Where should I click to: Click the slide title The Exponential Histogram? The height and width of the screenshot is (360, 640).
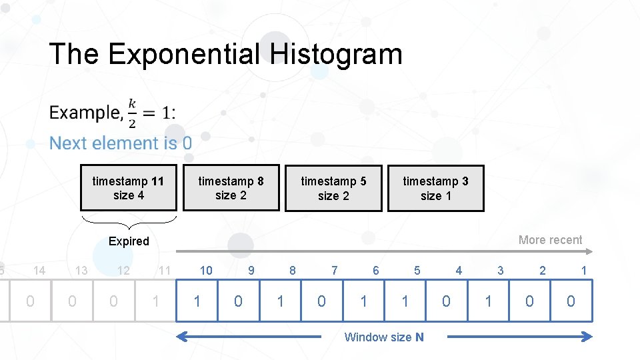click(225, 54)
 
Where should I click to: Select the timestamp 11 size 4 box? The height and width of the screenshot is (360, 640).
click(129, 187)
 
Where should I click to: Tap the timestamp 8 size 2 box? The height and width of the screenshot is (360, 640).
click(231, 187)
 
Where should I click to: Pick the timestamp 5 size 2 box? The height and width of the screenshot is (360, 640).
click(333, 188)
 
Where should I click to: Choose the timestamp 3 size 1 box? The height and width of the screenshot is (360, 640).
click(435, 188)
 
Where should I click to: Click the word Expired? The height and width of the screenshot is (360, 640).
click(129, 241)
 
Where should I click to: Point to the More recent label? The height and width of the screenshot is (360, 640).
click(550, 240)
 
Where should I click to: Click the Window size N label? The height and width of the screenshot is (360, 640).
click(383, 337)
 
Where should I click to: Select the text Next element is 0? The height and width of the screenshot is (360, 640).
click(121, 143)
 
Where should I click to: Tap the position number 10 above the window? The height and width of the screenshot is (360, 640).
click(206, 270)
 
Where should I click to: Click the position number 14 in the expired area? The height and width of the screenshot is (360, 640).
click(39, 270)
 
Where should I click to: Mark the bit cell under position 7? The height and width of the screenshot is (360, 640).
click(321, 301)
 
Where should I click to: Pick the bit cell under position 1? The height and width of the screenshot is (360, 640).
click(571, 301)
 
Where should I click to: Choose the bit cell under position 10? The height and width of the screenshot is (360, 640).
click(197, 301)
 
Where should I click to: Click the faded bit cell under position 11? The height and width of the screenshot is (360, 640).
click(155, 301)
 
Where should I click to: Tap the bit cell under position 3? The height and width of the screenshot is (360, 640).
click(488, 301)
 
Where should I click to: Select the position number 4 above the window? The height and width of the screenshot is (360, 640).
click(459, 270)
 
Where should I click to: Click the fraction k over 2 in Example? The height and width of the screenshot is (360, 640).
click(132, 113)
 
